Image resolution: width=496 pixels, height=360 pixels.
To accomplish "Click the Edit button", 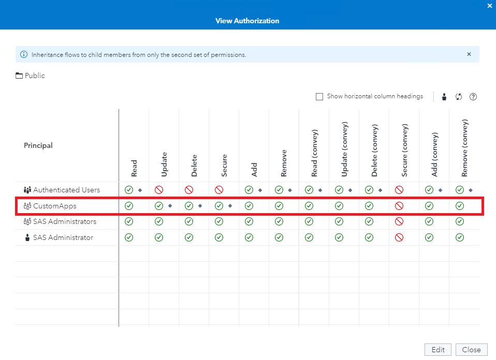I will click(x=438, y=350).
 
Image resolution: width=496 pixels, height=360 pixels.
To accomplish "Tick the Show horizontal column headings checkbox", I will click(x=319, y=97).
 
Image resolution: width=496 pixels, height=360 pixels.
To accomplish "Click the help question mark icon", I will click(x=473, y=97).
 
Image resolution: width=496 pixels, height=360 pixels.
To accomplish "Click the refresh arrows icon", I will click(x=459, y=97).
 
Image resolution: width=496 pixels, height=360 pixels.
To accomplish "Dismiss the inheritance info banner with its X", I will click(x=469, y=54).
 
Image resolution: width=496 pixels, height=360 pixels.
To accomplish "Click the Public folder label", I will click(x=35, y=76).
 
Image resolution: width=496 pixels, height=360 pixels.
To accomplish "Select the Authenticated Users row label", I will click(x=66, y=190).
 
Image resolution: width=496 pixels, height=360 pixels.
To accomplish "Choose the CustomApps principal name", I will click(x=54, y=206).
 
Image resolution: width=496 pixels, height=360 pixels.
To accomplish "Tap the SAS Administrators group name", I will click(x=64, y=221).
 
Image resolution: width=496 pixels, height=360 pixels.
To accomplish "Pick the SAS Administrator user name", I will click(x=63, y=237).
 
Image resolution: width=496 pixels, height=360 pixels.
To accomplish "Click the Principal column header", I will click(x=38, y=145).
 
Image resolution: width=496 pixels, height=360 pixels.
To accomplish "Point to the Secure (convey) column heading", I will click(x=405, y=150).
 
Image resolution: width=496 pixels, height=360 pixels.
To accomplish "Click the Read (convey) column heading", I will click(x=314, y=153).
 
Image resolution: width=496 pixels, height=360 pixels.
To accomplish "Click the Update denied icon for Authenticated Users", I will click(x=159, y=190).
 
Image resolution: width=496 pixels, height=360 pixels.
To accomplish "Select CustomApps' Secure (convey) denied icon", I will click(x=399, y=206).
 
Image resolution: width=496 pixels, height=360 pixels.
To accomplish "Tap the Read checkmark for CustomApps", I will click(x=129, y=206).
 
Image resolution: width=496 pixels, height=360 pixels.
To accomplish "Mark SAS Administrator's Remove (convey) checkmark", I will click(x=459, y=237).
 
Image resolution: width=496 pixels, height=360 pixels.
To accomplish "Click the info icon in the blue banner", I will click(x=24, y=54).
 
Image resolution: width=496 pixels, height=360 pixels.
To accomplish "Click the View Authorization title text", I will click(x=247, y=21).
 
